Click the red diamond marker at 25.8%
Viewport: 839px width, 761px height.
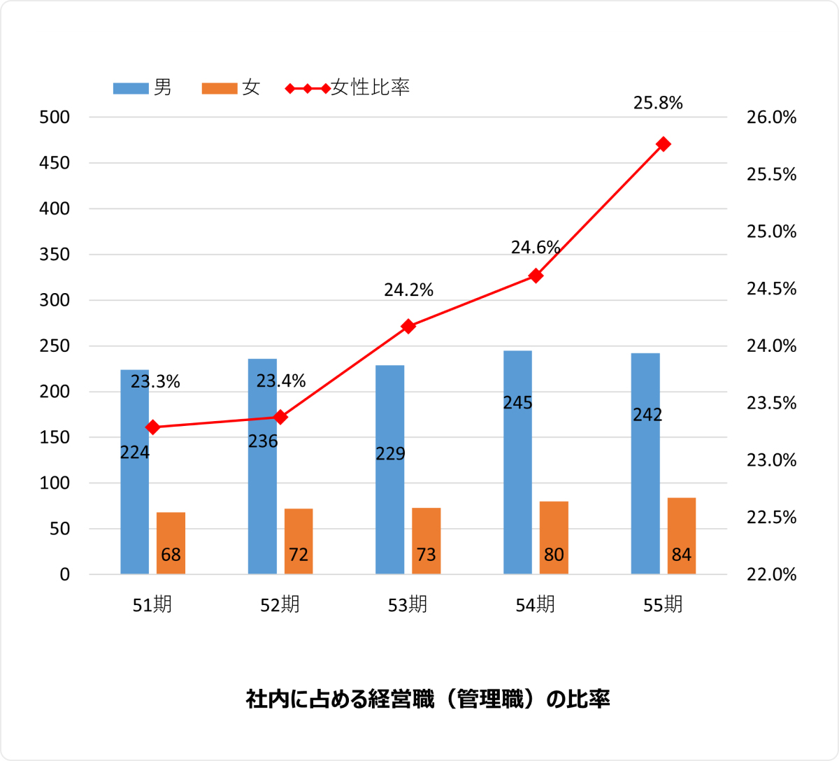(x=664, y=144)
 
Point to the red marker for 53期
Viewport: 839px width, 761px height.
(x=408, y=326)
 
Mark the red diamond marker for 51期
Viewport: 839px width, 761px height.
(x=153, y=427)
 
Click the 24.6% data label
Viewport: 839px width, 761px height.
(x=536, y=248)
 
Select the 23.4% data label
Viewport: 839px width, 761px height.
(x=281, y=381)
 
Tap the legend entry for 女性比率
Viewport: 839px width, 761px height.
(x=370, y=88)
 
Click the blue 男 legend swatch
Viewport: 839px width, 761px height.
(x=131, y=89)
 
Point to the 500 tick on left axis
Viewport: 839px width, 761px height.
(x=55, y=118)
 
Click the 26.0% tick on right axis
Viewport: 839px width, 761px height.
(x=771, y=118)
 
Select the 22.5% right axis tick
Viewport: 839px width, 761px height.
(x=771, y=518)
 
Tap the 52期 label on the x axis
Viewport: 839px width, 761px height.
(x=280, y=605)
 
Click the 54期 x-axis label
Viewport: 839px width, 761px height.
(x=536, y=605)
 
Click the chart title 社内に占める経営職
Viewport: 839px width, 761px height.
(x=428, y=699)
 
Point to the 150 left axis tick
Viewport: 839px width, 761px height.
(x=55, y=438)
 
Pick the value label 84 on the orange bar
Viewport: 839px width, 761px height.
(x=682, y=555)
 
